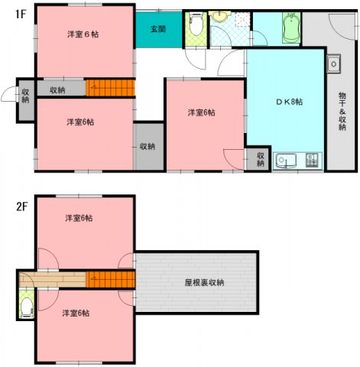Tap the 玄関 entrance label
pos(158,30)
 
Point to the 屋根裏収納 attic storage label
pos(204,283)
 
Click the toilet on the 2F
pos(26,308)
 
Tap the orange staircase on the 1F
pos(109,89)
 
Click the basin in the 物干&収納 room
pos(333,64)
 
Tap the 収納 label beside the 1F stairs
pos(58,90)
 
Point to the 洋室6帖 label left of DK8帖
pos(202,112)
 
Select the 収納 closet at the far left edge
pos(25,97)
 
